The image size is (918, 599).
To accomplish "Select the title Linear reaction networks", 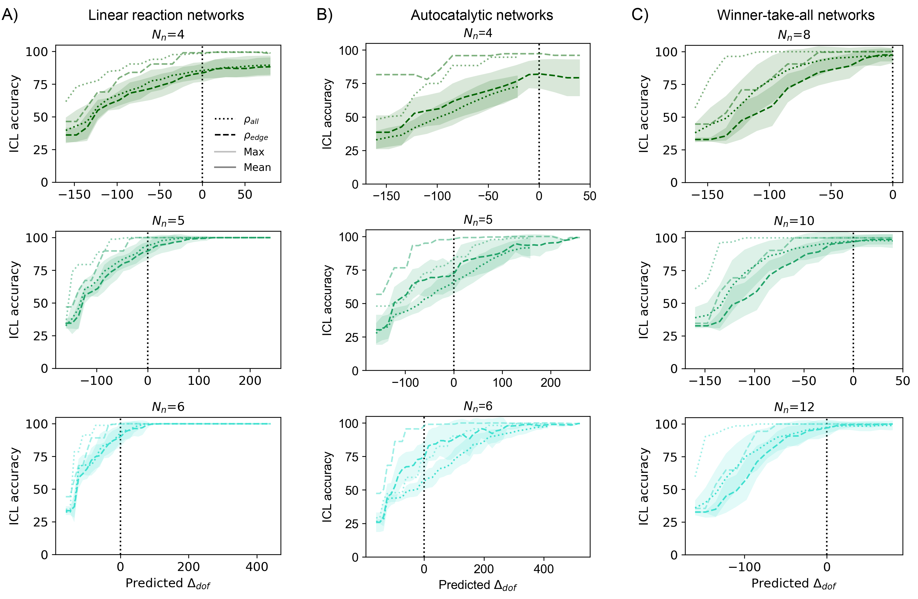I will (x=166, y=15).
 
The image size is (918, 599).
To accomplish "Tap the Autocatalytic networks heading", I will (x=482, y=15).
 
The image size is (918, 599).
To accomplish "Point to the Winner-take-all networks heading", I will (x=796, y=15).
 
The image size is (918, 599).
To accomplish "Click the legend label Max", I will (x=254, y=152).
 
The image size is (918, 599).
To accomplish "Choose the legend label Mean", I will (x=257, y=167).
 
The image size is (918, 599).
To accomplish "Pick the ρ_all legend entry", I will (x=251, y=120).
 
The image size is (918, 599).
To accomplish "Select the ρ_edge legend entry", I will (x=256, y=136).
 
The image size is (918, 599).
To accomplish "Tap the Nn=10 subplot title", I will (x=794, y=221).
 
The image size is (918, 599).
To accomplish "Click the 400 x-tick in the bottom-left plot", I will (x=257, y=567).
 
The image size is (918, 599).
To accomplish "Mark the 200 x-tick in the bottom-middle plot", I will (x=484, y=569).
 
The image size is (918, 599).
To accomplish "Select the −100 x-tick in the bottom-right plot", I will (x=744, y=567).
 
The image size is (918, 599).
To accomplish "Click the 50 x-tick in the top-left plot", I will (x=245, y=195).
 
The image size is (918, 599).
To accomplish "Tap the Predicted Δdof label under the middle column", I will (x=477, y=585).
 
